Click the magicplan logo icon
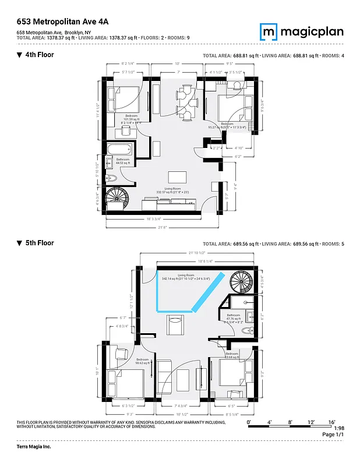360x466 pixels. (x=269, y=31)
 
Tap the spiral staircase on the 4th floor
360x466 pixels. (x=119, y=200)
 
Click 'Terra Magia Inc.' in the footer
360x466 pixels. (x=34, y=447)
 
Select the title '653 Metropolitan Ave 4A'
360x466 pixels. (x=63, y=21)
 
